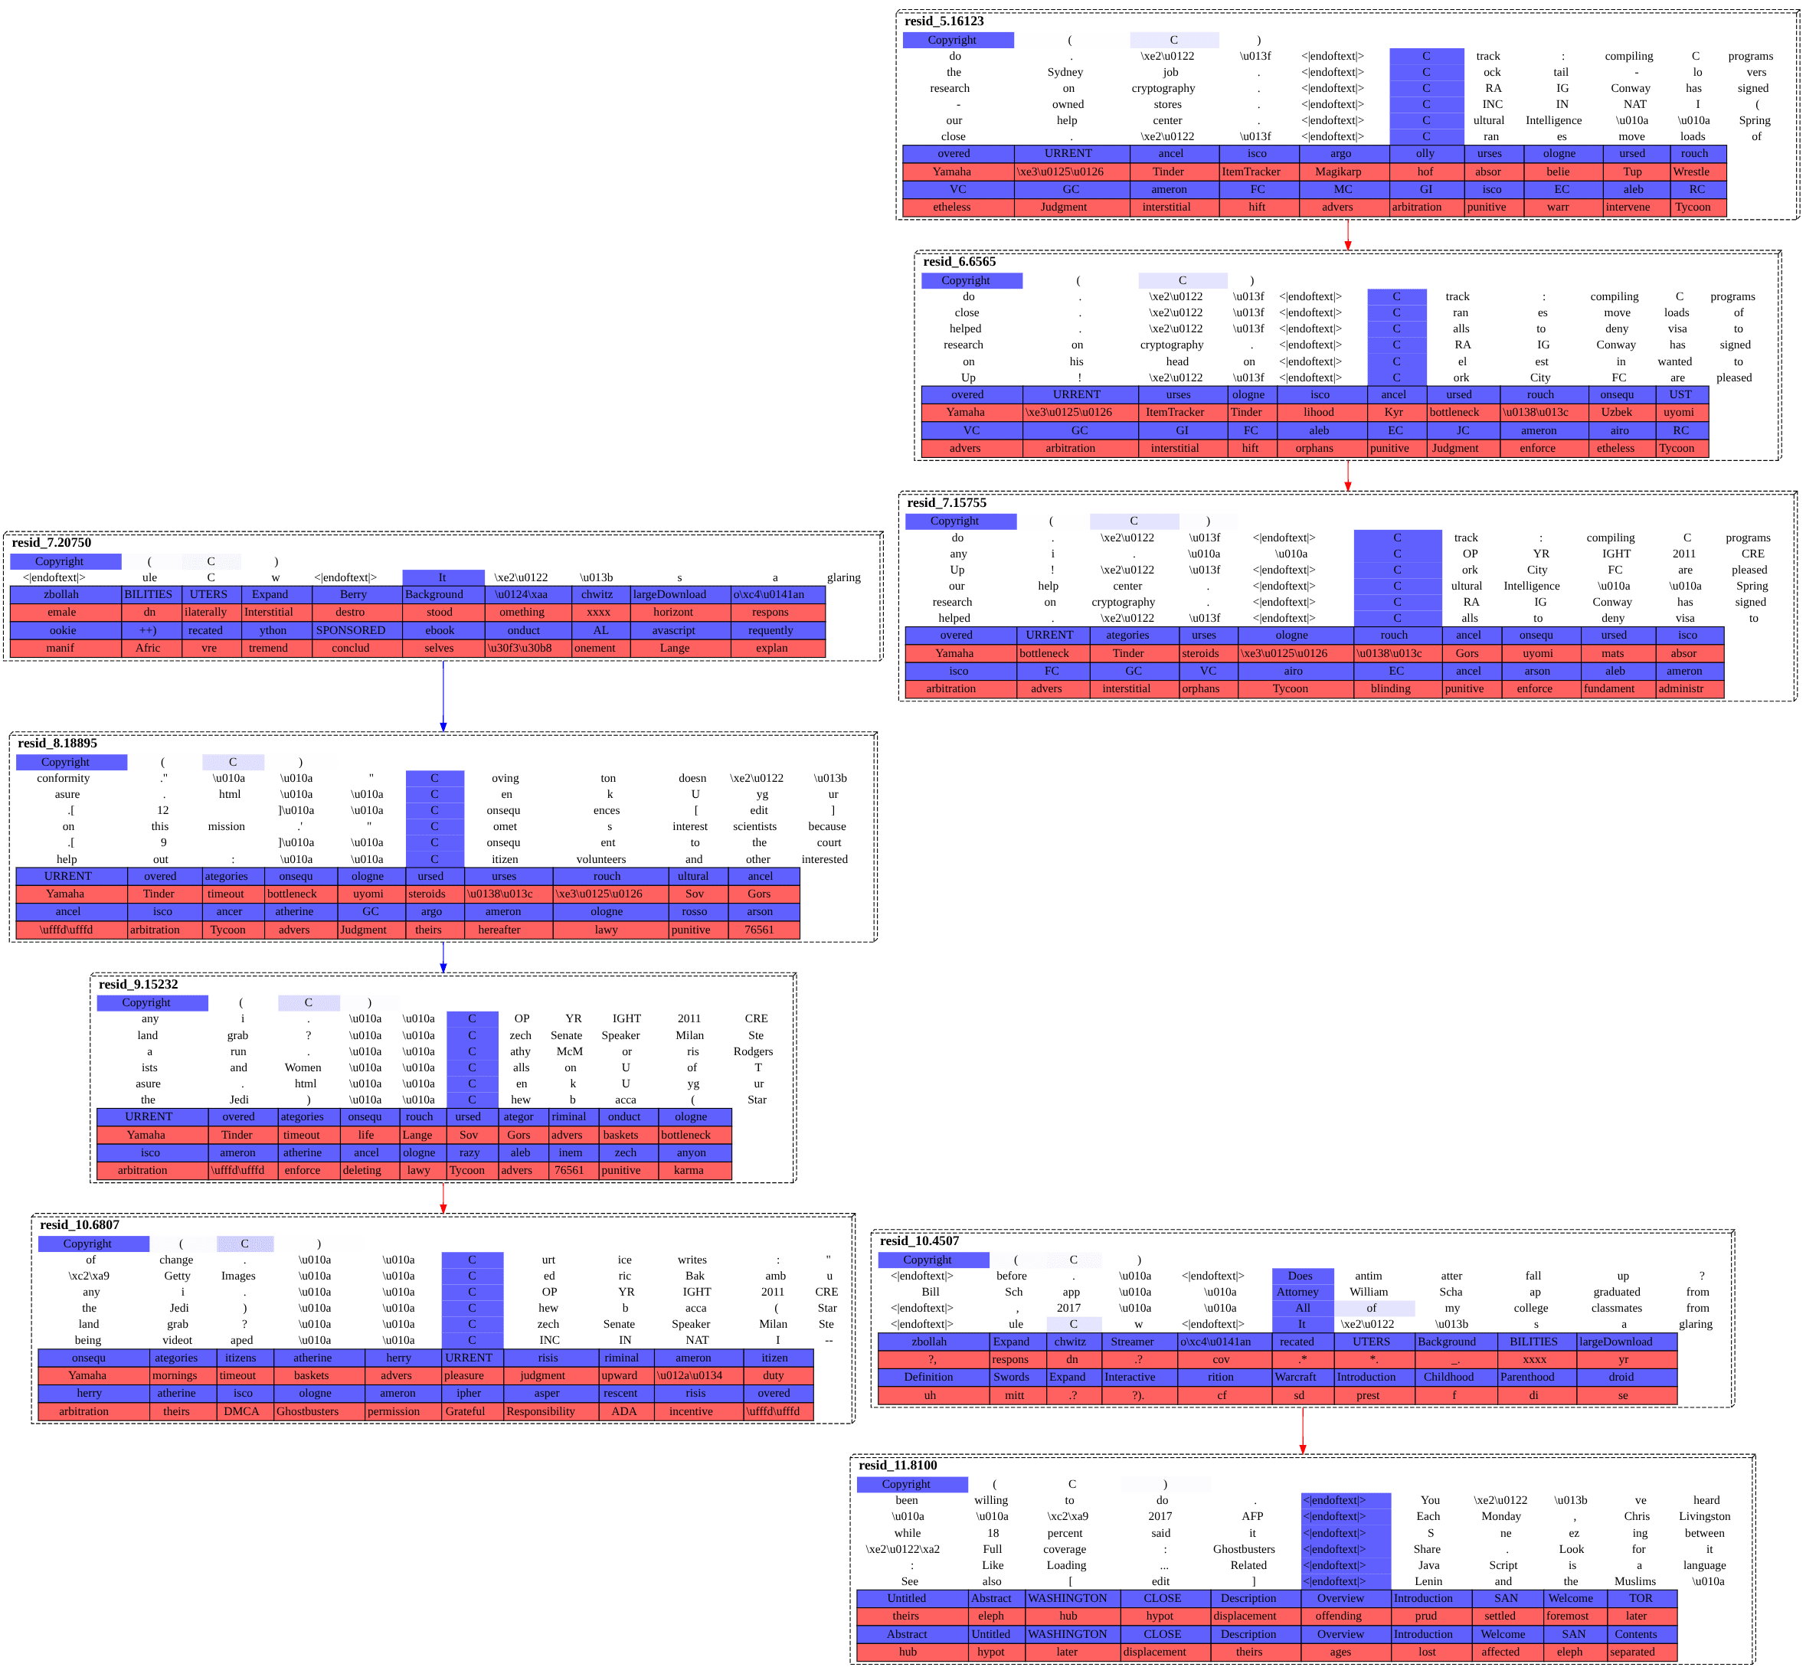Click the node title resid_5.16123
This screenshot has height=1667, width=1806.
944,21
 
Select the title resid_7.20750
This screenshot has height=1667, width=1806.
51,542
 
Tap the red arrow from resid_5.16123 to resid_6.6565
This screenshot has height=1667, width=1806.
1348,234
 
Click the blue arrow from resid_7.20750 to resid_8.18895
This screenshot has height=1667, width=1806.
443,695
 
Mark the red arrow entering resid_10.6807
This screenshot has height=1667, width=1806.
443,1198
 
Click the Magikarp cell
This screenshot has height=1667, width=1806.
1338,172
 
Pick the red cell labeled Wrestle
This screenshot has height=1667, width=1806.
1690,172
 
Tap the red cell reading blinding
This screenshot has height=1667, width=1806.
1390,688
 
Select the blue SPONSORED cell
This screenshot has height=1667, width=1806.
350,630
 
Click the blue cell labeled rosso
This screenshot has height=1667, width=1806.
694,911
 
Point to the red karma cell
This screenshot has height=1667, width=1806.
689,1170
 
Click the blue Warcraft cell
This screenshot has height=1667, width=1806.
1297,1377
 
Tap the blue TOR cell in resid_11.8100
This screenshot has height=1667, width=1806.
1640,1597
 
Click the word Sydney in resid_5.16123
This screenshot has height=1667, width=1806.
1065,72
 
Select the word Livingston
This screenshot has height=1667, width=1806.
1704,1516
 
